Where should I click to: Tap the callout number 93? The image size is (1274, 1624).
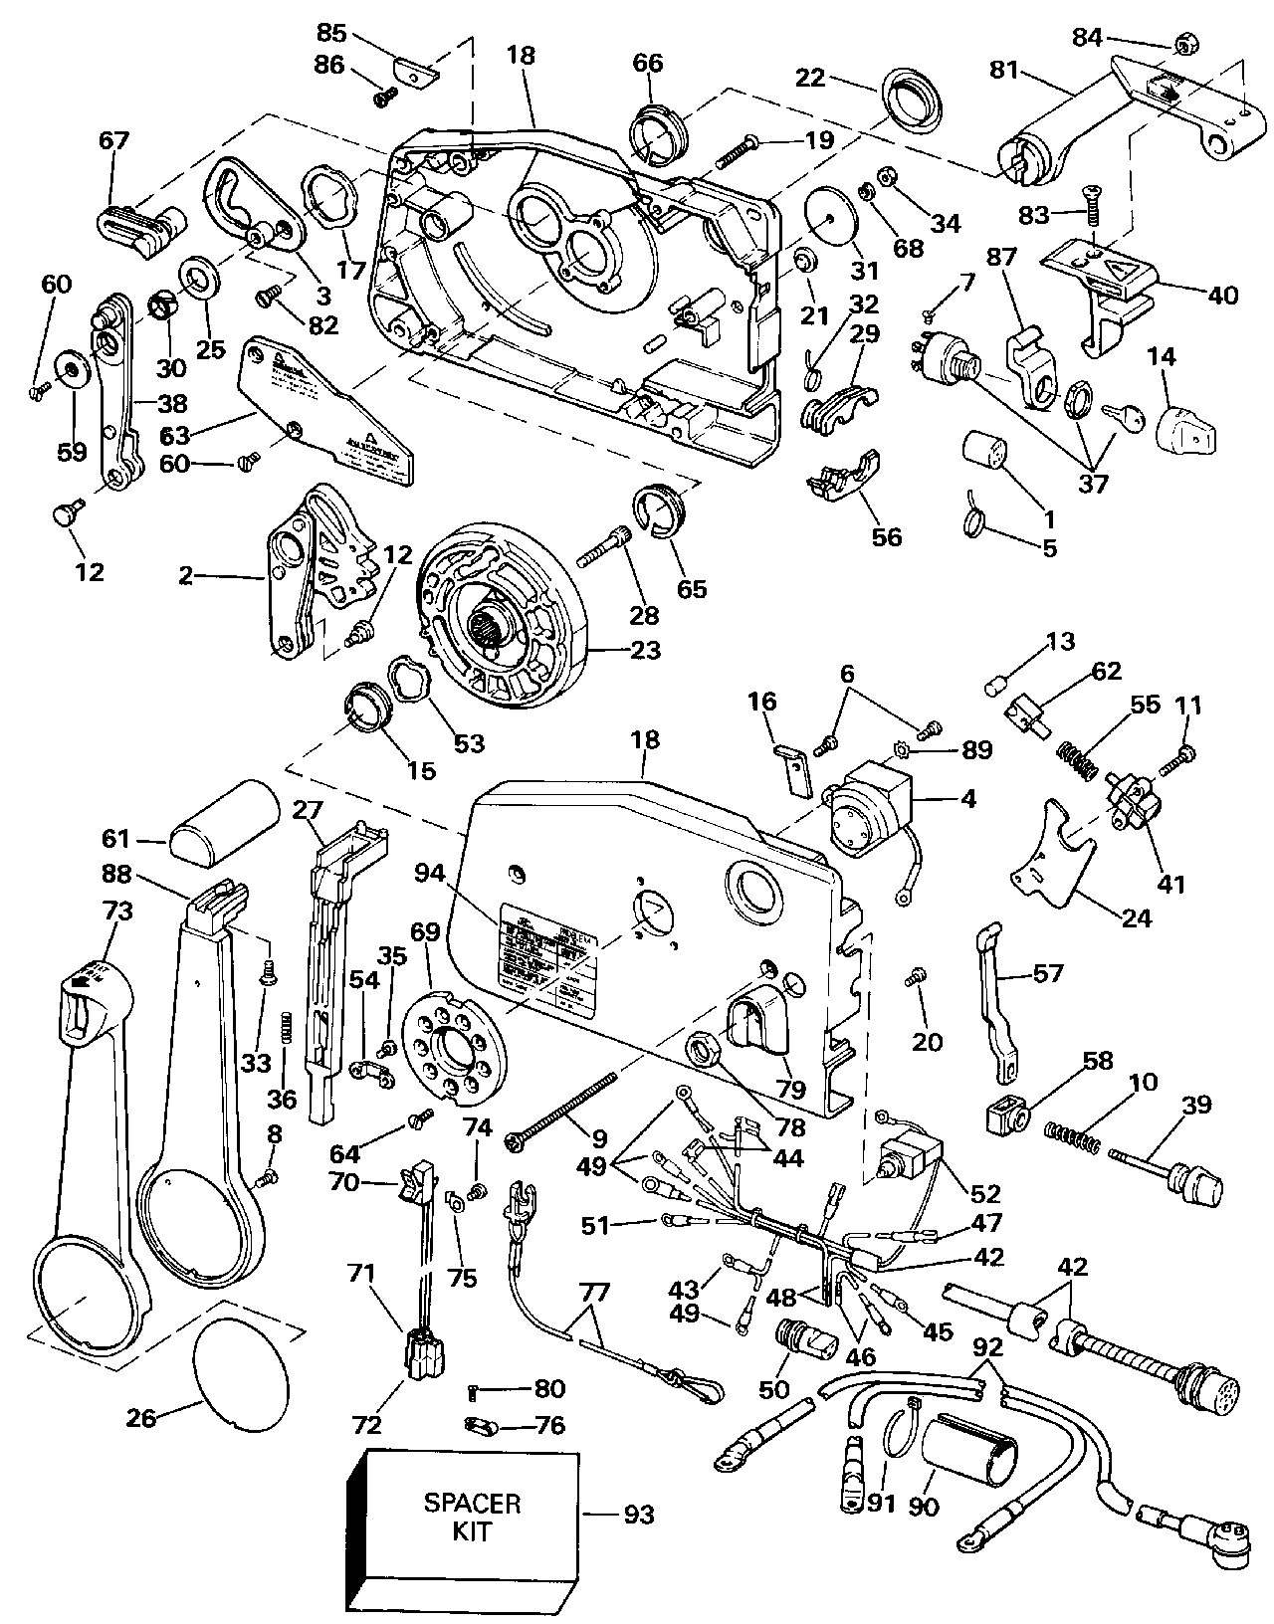638,1515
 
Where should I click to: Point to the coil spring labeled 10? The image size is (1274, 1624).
1071,1138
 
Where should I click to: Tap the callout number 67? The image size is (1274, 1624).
114,140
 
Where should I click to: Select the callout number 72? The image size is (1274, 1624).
368,1425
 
